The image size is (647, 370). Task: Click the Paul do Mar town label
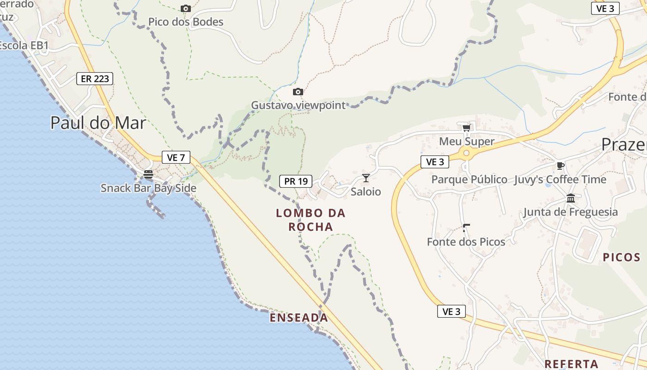[x=98, y=123]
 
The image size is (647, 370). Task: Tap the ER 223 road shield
[x=95, y=79]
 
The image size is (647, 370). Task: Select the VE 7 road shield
[x=176, y=157]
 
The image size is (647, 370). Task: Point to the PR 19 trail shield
[x=296, y=181]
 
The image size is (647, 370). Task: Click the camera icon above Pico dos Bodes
[x=186, y=9]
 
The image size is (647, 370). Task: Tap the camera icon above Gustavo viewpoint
[x=298, y=92]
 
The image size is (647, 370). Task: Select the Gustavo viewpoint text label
[x=298, y=105]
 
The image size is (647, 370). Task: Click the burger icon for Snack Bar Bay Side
[x=148, y=174]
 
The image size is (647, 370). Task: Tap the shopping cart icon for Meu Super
[x=466, y=128]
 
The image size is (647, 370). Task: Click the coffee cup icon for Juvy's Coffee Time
[x=561, y=166]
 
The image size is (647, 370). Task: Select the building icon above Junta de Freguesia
[x=571, y=198]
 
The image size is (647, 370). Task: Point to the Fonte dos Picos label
[x=466, y=241]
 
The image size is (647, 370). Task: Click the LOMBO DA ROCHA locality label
[x=311, y=220]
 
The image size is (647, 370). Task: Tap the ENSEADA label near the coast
[x=299, y=318]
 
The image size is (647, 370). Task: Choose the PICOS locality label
[x=622, y=258]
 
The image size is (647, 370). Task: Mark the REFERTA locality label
[x=571, y=364]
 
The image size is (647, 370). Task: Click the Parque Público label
[x=469, y=179]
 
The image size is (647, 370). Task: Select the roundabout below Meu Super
[x=466, y=153]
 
